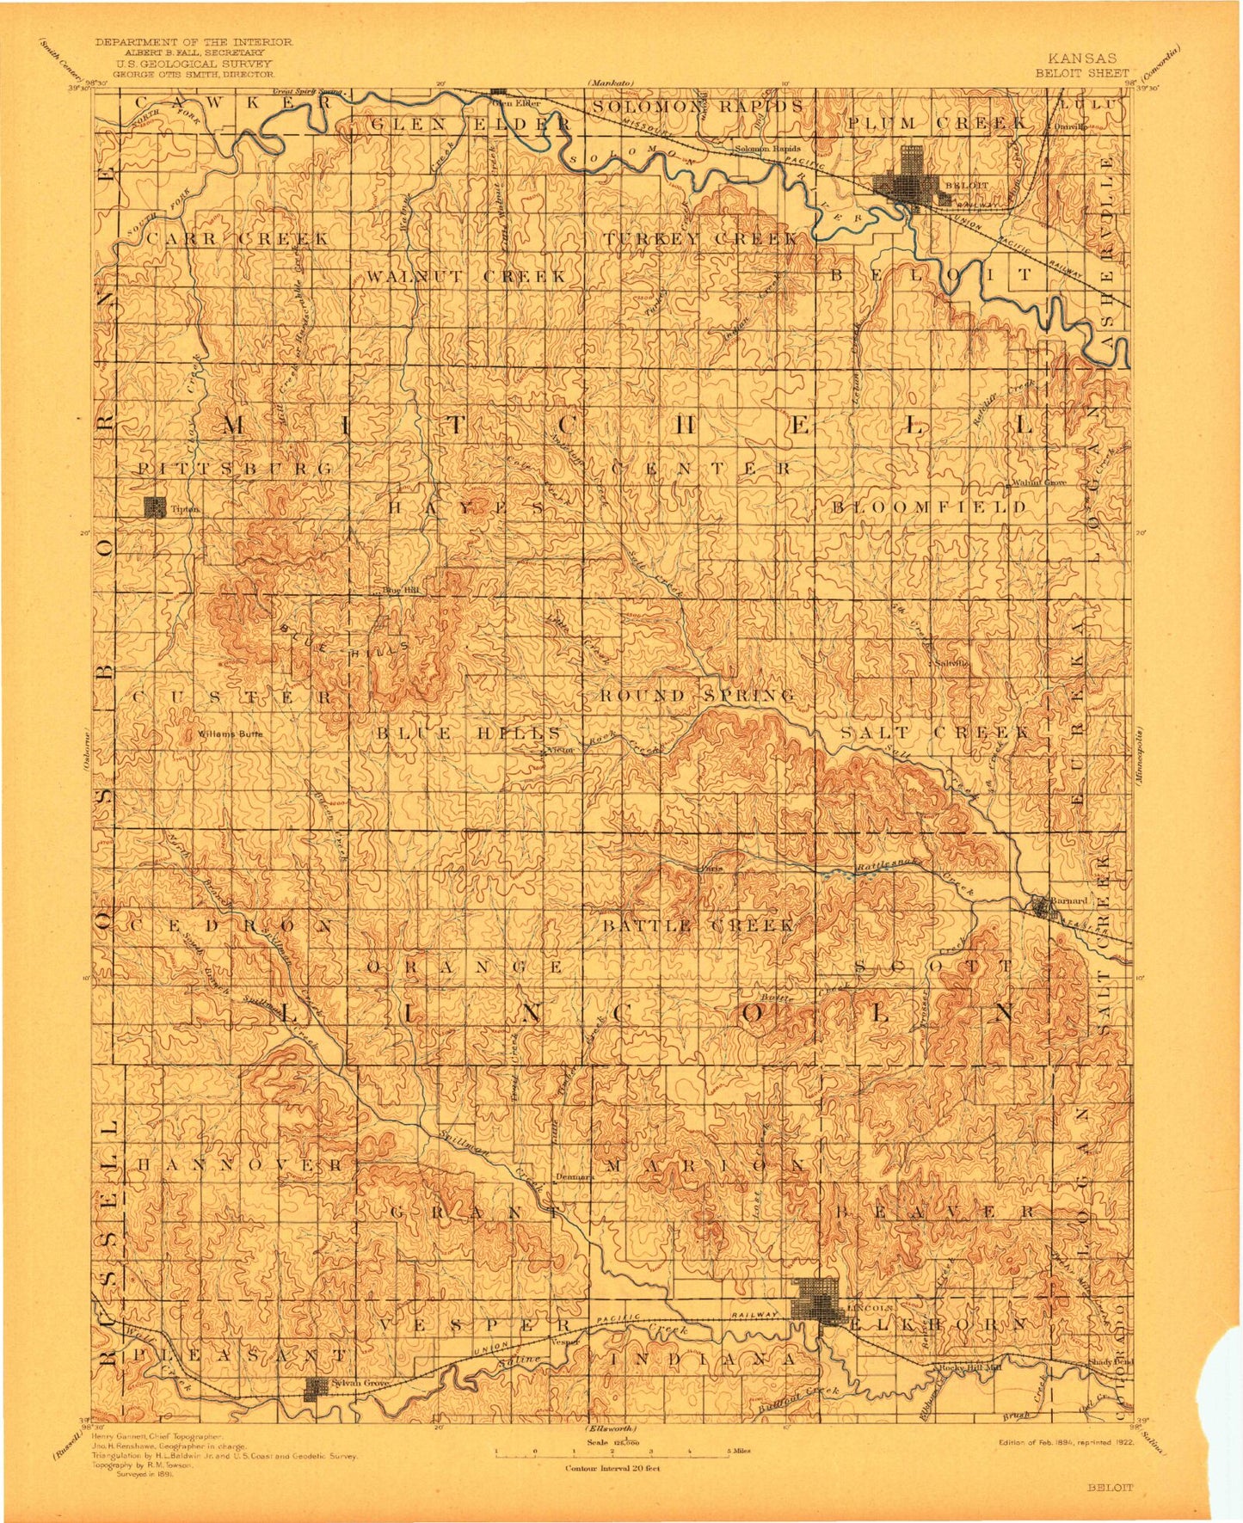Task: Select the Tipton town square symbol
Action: (156, 507)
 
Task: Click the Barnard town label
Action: (1069, 900)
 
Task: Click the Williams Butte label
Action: (229, 734)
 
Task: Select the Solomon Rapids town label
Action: (767, 148)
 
